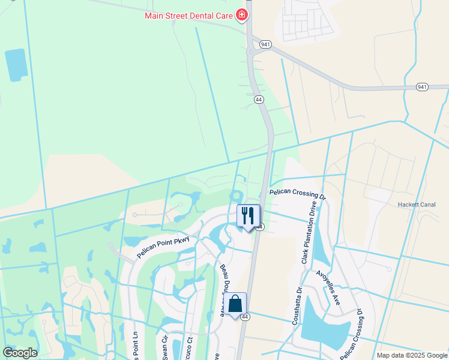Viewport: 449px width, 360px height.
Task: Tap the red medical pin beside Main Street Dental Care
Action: click(241, 14)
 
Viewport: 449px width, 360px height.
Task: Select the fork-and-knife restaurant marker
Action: click(249, 216)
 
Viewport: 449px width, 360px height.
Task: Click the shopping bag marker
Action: click(237, 305)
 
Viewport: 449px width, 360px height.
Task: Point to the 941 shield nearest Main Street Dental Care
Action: click(265, 44)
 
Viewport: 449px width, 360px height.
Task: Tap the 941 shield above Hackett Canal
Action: click(423, 87)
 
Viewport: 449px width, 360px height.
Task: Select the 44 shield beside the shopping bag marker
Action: click(245, 317)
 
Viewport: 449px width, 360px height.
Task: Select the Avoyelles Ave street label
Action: click(328, 287)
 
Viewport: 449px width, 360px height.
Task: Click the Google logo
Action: click(20, 353)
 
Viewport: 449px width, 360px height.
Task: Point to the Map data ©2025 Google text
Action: click(411, 355)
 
